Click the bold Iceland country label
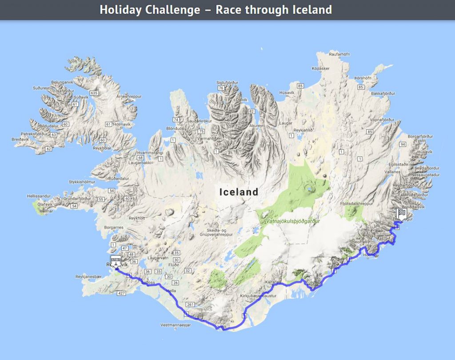coord(239,192)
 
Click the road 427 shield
coord(120,293)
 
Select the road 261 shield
coord(191,304)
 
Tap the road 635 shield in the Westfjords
coord(93,93)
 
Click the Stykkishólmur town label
coord(82,182)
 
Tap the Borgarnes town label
coord(114,227)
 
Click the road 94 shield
coord(403,144)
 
